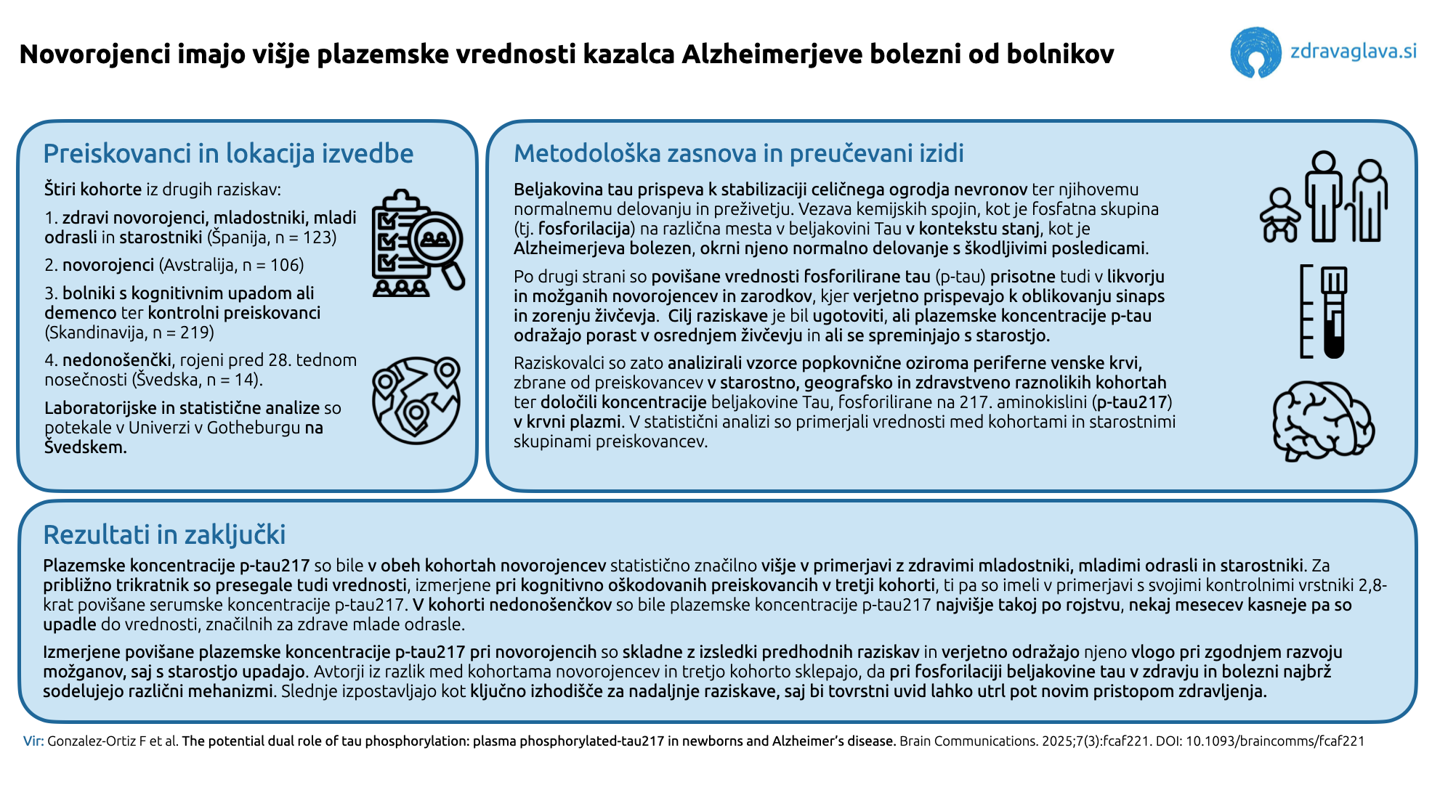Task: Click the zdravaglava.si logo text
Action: [x=1353, y=52]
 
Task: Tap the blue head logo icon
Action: [x=1255, y=52]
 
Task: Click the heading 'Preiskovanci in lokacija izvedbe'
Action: [x=228, y=154]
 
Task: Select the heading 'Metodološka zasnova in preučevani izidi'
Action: [x=738, y=154]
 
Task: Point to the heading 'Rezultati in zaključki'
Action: [x=164, y=535]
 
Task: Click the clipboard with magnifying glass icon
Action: [x=417, y=243]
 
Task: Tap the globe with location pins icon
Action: [x=416, y=399]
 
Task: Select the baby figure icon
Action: [x=1279, y=215]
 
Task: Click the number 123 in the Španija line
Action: [x=319, y=238]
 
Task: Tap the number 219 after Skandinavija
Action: [x=197, y=333]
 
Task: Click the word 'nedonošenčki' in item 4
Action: [x=117, y=360]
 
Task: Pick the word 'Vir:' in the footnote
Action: [x=33, y=741]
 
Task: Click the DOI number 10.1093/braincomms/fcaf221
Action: [x=1275, y=741]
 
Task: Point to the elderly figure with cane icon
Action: [x=1367, y=201]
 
